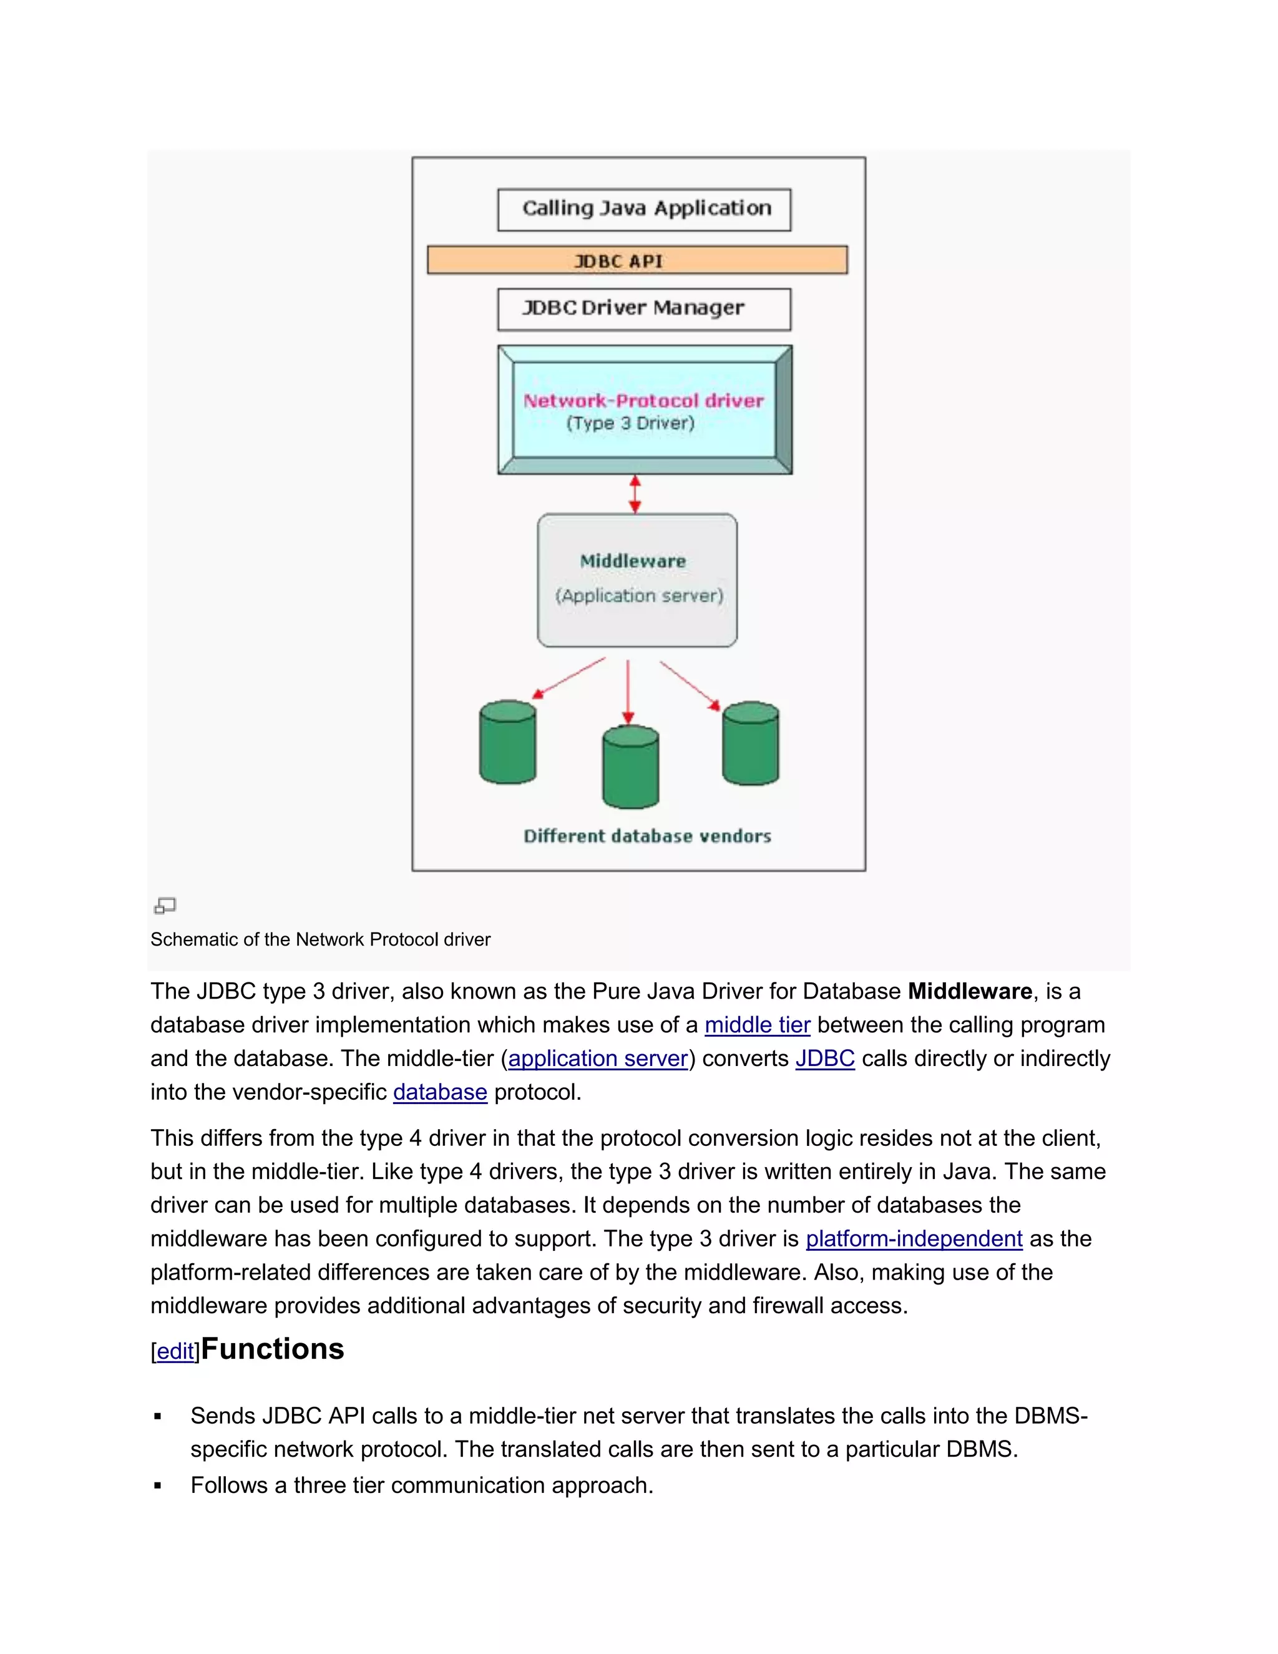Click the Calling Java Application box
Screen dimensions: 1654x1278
pos(643,209)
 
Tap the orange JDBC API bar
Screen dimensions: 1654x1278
pos(637,260)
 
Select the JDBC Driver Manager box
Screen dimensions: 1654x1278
pos(643,309)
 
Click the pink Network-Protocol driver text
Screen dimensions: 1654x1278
pos(643,401)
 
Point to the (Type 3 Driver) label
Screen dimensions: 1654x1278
pos(630,423)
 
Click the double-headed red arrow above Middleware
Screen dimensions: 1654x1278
pos(635,494)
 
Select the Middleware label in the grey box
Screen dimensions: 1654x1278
pos(633,561)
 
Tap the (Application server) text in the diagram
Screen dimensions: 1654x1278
pos(639,596)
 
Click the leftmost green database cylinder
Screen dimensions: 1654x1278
pos(508,743)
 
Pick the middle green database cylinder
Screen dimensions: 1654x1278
pos(630,768)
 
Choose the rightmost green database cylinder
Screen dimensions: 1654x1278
pos(750,745)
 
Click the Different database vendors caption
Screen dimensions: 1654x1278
pos(647,836)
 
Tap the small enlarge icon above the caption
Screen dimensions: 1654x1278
pos(164,905)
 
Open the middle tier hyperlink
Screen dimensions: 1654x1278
pos(757,1025)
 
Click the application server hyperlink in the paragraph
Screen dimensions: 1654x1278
pos(598,1059)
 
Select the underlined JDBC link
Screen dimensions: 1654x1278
pos(824,1059)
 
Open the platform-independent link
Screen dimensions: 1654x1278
pos(914,1239)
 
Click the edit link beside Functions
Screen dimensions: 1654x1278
pos(175,1352)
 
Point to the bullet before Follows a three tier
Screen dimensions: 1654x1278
pos(157,1486)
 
